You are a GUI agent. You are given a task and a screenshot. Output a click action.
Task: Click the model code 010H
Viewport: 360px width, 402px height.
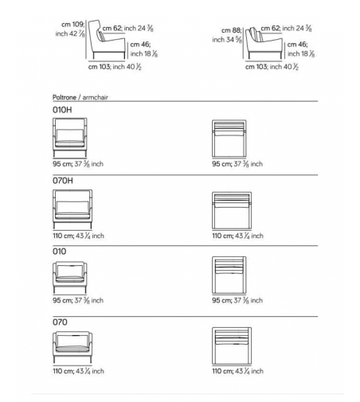[x=62, y=110]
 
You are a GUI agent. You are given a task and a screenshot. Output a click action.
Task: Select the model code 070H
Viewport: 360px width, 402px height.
[x=63, y=181]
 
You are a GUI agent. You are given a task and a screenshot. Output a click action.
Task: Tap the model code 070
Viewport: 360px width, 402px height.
[x=60, y=322]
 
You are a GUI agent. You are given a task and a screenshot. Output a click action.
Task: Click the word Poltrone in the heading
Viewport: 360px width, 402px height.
[x=65, y=97]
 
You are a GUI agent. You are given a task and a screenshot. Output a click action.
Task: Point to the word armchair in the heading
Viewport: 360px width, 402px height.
[x=95, y=97]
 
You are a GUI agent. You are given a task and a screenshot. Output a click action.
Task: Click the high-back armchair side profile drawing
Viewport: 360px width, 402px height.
[x=107, y=39]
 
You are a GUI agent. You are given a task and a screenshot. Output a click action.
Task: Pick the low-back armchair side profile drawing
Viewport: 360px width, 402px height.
[x=264, y=43]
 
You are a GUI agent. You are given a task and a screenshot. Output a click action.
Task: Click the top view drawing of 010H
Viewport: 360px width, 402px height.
[x=229, y=139]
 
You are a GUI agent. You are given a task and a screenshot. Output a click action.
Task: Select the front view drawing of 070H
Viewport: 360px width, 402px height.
[x=72, y=209]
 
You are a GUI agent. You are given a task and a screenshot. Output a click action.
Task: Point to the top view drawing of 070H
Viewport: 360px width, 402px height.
[x=232, y=210]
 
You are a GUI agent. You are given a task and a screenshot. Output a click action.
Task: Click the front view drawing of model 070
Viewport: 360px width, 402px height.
[x=72, y=347]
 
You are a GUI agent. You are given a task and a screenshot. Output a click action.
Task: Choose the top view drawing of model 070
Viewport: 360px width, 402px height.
[x=232, y=345]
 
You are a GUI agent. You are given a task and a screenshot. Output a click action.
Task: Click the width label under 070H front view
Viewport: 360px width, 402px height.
[x=78, y=236]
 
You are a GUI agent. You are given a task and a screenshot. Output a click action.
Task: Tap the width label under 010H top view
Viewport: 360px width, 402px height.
[x=237, y=164]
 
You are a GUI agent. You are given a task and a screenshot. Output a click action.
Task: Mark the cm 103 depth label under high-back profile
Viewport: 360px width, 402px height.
[x=115, y=67]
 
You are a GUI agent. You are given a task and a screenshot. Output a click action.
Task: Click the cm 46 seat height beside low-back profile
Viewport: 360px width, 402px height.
[x=301, y=49]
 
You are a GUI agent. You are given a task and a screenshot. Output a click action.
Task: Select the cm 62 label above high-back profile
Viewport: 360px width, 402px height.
[x=127, y=28]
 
